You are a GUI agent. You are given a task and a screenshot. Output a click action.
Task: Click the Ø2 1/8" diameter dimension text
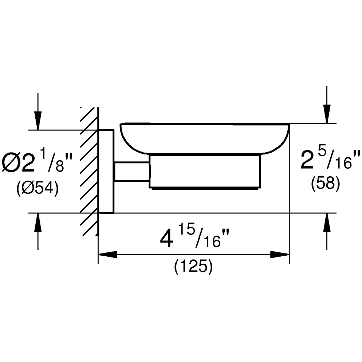(37, 162)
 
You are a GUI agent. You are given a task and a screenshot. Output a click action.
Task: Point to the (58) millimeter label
(326, 184)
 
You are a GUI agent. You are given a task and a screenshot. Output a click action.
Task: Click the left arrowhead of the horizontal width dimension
(107, 255)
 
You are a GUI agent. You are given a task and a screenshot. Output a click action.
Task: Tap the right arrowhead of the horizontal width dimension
(280, 255)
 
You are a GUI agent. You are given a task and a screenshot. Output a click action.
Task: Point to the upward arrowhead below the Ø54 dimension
(38, 222)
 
